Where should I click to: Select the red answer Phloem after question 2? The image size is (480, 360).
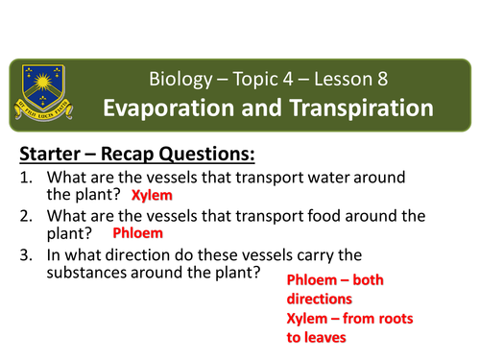tap(138, 232)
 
